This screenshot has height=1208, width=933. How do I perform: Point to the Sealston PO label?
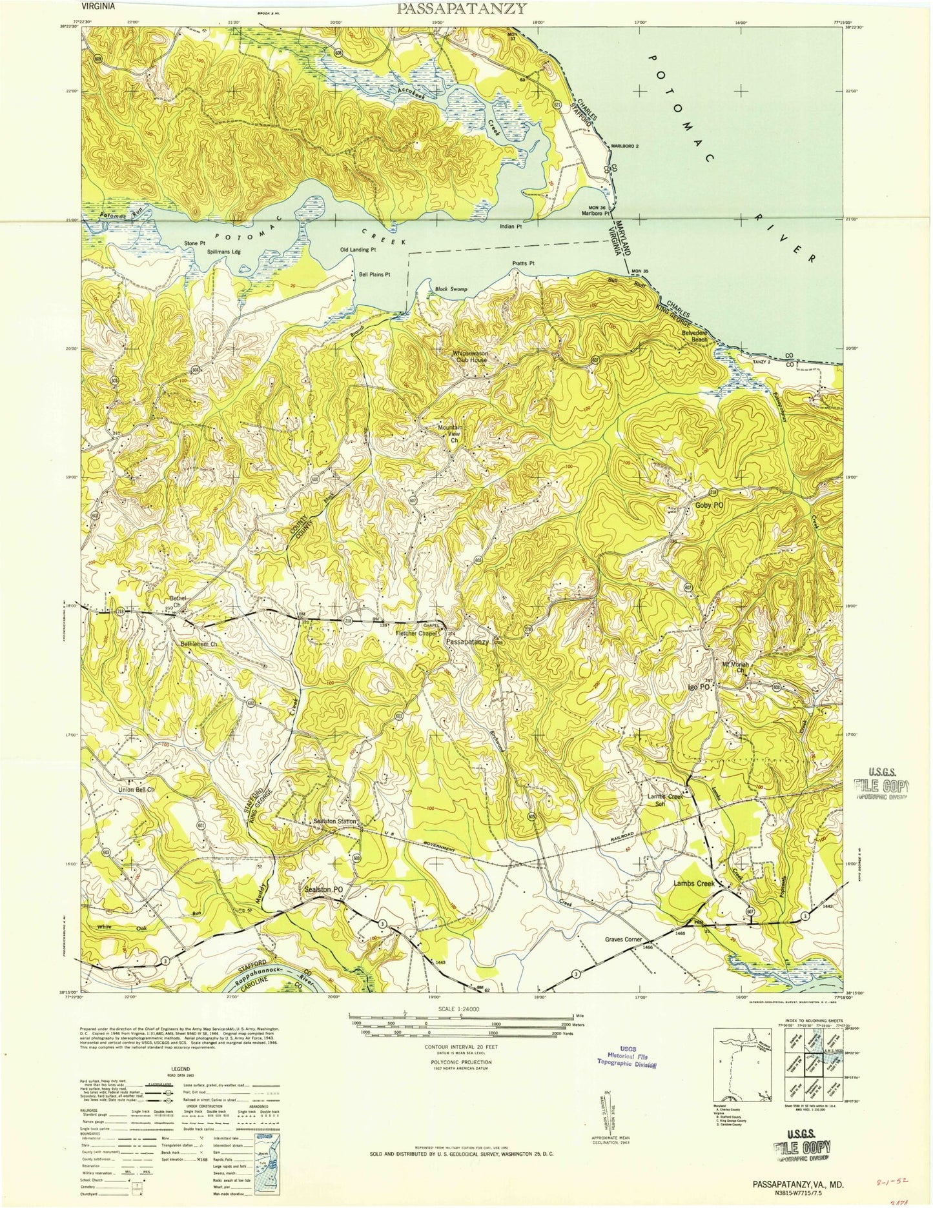tap(323, 889)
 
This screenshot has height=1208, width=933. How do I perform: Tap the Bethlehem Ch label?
tap(198, 644)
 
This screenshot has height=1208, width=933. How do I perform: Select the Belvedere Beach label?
tap(695, 335)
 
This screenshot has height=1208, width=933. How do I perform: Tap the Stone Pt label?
tap(194, 243)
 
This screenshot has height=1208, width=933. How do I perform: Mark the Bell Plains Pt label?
tap(374, 274)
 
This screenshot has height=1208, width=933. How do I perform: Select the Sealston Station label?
tap(334, 821)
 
